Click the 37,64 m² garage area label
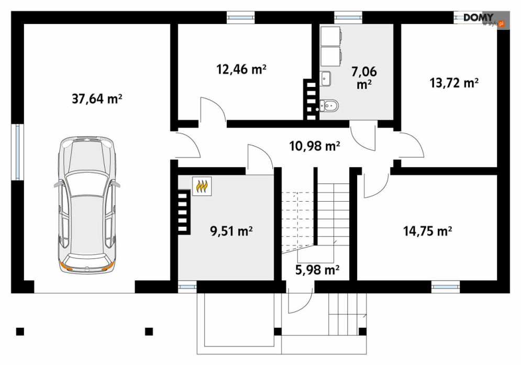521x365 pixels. point(97,99)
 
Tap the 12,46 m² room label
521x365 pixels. point(241,69)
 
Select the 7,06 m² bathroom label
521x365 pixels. point(364,78)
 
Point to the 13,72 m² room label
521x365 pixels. point(454,82)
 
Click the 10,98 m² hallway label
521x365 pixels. point(315,146)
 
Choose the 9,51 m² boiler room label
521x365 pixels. point(231,230)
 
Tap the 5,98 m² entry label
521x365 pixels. point(317,270)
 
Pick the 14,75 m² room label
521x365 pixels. point(428,231)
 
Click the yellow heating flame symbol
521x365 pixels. point(202,186)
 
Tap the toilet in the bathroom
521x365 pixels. point(329,106)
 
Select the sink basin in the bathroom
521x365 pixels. point(326,79)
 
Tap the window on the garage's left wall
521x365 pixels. point(17,152)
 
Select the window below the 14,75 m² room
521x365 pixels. point(446,287)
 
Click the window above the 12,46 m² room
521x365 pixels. point(241,17)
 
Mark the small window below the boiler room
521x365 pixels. point(187,287)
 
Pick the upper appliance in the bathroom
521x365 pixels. point(331,36)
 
